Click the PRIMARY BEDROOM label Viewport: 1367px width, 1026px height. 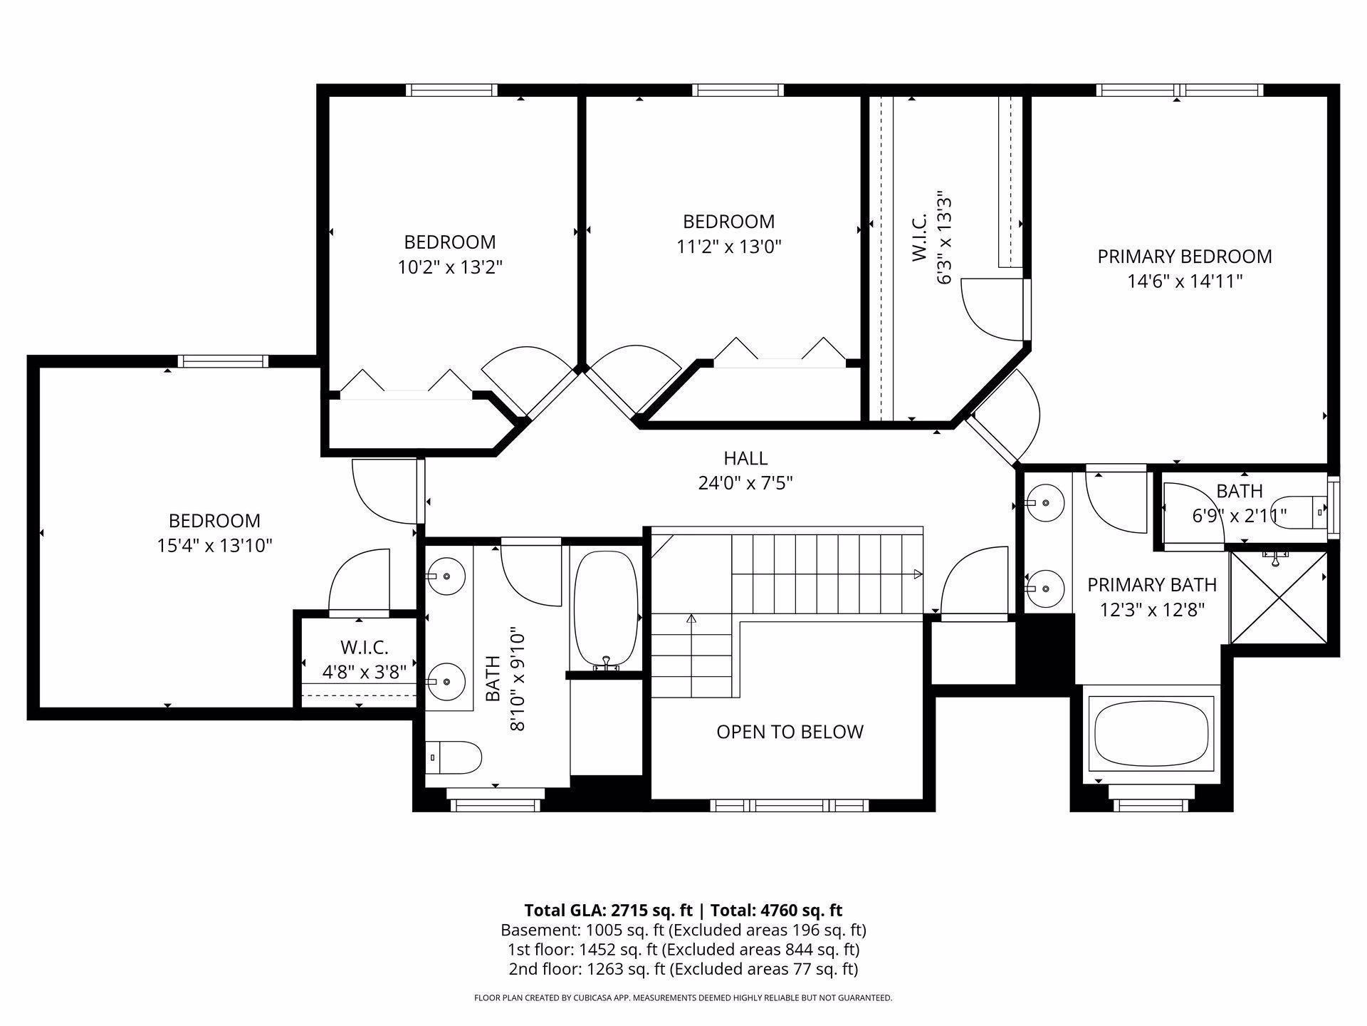[1184, 256]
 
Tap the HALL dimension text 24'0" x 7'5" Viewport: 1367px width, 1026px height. [745, 483]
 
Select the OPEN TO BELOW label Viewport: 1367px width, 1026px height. [790, 732]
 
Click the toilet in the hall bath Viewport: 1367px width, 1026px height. [454, 757]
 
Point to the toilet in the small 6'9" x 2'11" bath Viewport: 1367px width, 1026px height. [1299, 512]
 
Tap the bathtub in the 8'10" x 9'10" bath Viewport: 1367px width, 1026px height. [606, 609]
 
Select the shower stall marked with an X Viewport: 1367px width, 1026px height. [1279, 597]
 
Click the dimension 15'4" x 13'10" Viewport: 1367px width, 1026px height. [214, 546]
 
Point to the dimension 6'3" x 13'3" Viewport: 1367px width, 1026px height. [944, 238]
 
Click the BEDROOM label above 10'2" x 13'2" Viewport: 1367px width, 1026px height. [450, 242]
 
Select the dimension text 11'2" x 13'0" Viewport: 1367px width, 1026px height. [729, 247]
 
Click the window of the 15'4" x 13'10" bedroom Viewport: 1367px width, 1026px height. [223, 361]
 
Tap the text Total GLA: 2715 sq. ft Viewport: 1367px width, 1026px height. [609, 911]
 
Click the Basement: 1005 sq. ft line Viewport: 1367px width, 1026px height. [683, 930]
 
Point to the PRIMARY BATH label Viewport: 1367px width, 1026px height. [1151, 585]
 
